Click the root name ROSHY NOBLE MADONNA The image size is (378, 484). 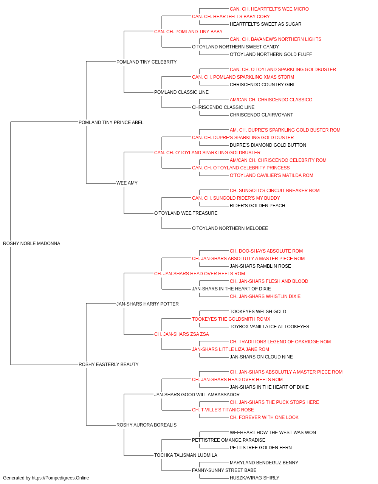[x=32, y=244]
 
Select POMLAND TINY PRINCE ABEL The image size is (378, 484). [x=111, y=123]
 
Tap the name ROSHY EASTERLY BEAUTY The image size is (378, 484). [x=108, y=365]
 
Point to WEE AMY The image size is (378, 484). [x=127, y=183]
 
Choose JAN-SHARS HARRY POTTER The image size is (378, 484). [x=147, y=304]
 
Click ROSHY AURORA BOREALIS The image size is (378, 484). [x=146, y=425]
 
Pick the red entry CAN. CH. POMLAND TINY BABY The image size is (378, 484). [x=188, y=32]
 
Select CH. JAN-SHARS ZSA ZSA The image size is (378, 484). [x=181, y=334]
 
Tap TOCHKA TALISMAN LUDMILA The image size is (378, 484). [x=186, y=455]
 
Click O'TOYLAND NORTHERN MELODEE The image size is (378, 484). [x=230, y=228]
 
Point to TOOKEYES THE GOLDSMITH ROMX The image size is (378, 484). [x=231, y=319]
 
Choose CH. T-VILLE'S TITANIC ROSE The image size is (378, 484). [x=223, y=410]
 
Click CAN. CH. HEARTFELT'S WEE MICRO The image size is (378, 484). [x=269, y=9]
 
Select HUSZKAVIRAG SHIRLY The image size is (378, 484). [x=254, y=478]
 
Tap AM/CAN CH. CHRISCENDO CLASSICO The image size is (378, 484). [x=271, y=100]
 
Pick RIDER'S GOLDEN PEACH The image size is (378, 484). [x=257, y=206]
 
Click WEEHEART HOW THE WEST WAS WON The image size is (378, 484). [x=273, y=433]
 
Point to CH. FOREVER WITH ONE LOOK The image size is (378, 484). [x=264, y=417]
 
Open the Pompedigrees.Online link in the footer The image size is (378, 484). [x=60, y=478]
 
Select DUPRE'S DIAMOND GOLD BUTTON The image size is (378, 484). [x=268, y=145]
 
